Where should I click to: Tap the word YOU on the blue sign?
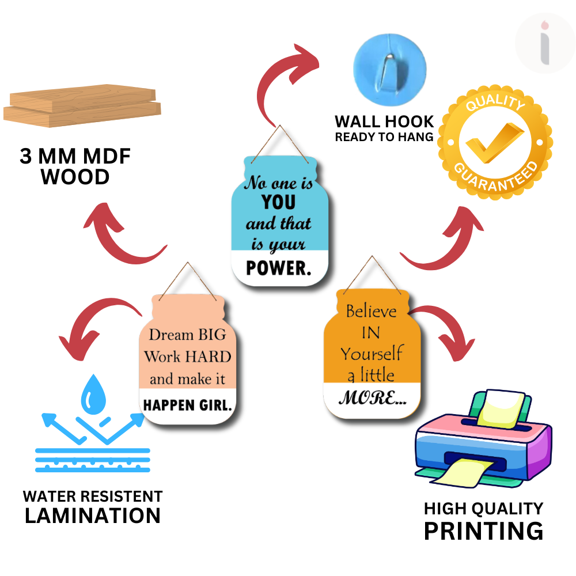pyautogui.click(x=278, y=202)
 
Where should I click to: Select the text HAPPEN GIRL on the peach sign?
pyautogui.click(x=187, y=405)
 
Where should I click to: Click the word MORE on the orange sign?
pyautogui.click(x=372, y=397)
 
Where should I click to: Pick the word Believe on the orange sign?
pyautogui.click(x=372, y=312)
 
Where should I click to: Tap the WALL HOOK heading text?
pyautogui.click(x=384, y=122)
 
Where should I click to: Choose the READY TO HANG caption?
pyautogui.click(x=384, y=137)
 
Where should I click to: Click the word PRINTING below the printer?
pyautogui.click(x=483, y=530)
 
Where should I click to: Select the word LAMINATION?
pyautogui.click(x=93, y=516)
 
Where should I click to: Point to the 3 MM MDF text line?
pyautogui.click(x=75, y=157)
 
